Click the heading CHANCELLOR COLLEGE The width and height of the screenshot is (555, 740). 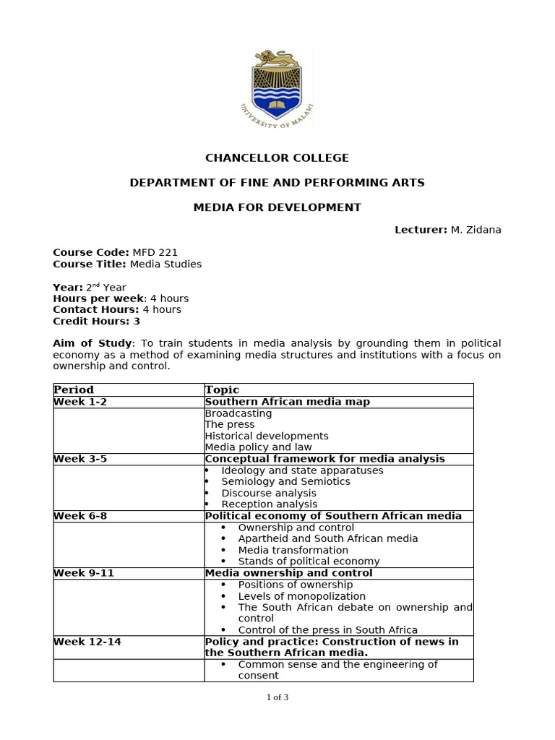pos(277,158)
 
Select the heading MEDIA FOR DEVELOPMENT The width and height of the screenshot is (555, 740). pos(277,207)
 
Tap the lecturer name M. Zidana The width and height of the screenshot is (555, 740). pos(476,230)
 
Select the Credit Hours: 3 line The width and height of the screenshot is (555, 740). pos(96,320)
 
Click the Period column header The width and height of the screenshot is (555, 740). pos(74,390)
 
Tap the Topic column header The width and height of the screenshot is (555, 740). pos(222,390)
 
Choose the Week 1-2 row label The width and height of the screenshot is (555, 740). pos(80,402)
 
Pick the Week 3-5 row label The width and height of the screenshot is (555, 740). pos(80,459)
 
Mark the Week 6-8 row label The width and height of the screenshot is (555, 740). pos(80,516)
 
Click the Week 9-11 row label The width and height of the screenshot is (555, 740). pos(83,573)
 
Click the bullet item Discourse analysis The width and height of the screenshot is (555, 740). pos(269,493)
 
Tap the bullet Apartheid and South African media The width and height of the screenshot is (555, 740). pos(327,538)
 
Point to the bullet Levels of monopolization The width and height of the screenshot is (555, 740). pos(301,596)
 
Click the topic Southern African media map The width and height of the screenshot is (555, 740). pos(287,402)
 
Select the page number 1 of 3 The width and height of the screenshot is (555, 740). pos(277,697)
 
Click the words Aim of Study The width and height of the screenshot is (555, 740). pos(92,343)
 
